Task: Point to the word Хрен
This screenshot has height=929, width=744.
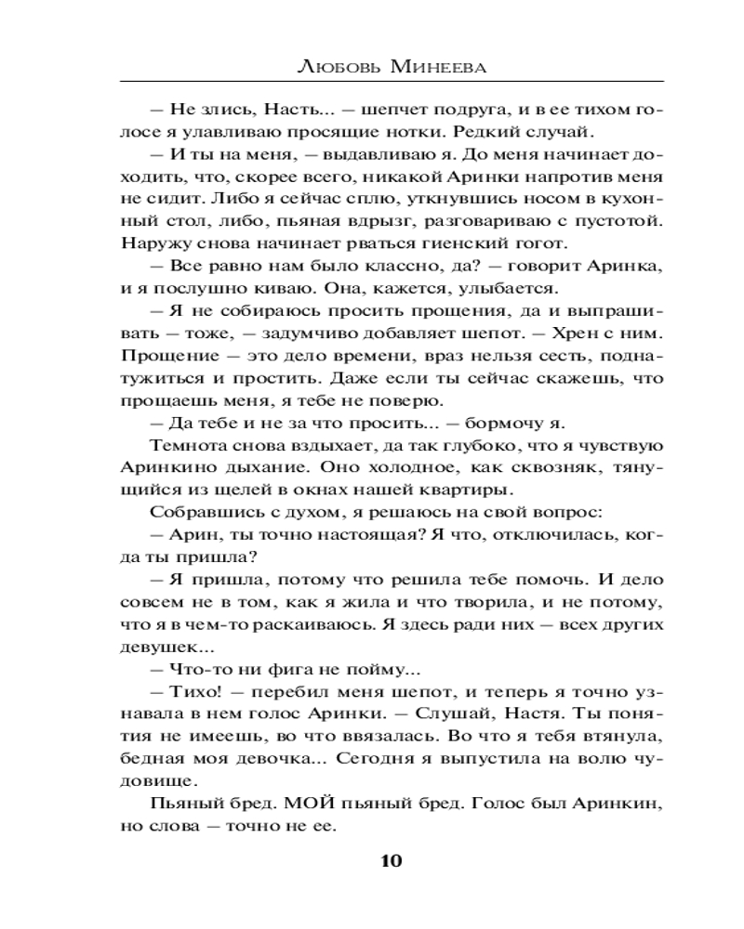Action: (570, 332)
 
